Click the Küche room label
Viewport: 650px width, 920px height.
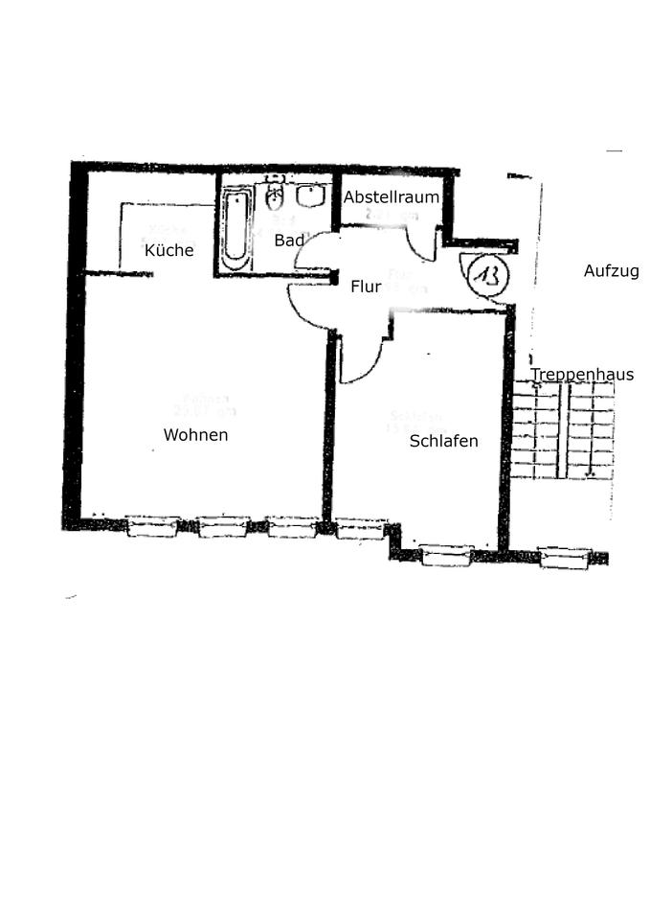(169, 251)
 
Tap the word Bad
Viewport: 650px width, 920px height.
(288, 241)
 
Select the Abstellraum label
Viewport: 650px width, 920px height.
(392, 197)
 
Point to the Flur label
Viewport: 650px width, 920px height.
(366, 287)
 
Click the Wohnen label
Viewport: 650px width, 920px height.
(195, 435)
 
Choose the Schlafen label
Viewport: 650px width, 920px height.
(443, 442)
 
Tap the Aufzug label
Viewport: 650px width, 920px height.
(611, 271)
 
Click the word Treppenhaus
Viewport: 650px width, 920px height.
(582, 375)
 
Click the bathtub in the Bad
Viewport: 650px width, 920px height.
(235, 226)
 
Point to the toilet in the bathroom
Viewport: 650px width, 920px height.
(275, 198)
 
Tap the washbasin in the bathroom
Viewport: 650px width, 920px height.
(310, 195)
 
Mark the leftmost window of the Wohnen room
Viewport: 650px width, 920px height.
(152, 526)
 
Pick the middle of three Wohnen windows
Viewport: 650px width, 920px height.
(223, 526)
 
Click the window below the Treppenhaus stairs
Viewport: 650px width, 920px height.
(564, 558)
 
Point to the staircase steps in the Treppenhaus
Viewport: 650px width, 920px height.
(563, 428)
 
